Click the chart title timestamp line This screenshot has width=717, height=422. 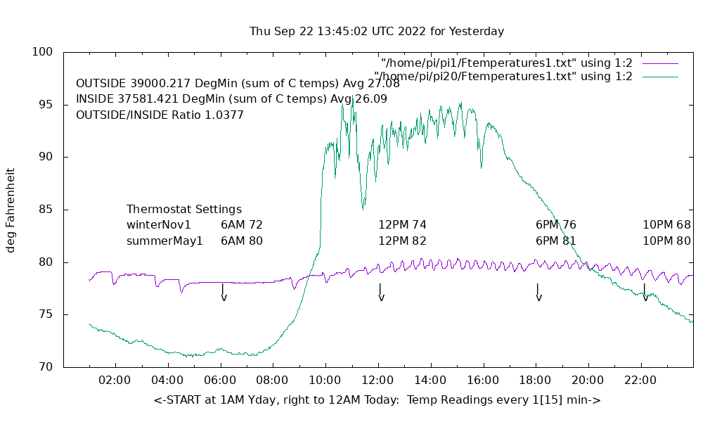point(377,32)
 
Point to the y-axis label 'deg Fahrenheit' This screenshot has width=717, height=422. point(11,210)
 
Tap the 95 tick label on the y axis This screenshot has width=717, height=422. point(44,105)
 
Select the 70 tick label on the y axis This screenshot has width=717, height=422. point(44,367)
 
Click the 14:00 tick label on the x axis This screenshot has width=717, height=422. point(430,381)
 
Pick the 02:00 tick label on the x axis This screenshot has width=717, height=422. point(115,381)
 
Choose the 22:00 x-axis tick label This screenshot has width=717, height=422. point(640,381)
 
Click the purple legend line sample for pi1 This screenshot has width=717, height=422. point(659,63)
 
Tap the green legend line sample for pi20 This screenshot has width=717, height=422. point(659,76)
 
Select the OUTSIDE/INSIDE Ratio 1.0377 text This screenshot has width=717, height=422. point(160,115)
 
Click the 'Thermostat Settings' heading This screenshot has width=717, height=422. point(184,210)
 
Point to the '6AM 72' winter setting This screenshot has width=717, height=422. point(242,225)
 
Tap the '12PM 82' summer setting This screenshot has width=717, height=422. point(403,241)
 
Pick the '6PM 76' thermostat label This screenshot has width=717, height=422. point(556,225)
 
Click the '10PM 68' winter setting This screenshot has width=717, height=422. point(666,225)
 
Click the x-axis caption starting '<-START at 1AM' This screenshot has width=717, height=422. point(377,400)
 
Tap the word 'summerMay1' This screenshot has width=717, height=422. point(164,241)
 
